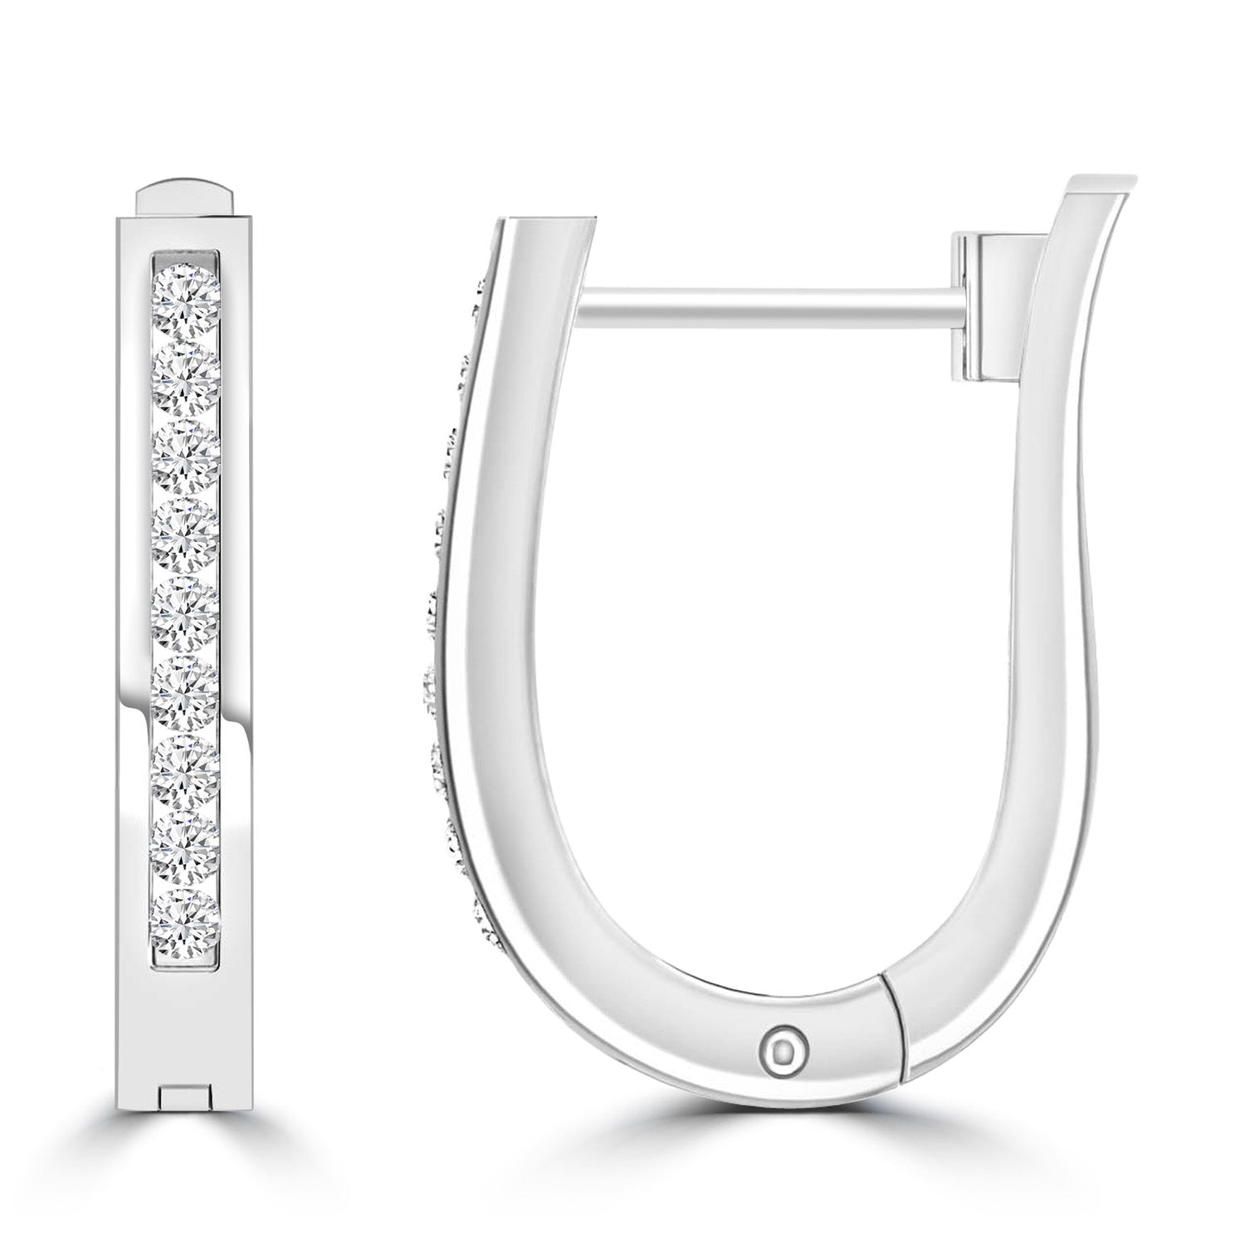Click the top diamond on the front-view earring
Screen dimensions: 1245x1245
[x=187, y=295]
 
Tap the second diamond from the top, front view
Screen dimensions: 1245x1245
[x=187, y=375]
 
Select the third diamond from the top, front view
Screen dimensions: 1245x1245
[x=187, y=455]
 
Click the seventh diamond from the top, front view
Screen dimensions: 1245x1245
[x=187, y=770]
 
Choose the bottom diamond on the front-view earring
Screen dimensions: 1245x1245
[x=187, y=925]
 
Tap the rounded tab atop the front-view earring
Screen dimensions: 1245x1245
[x=187, y=199]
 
